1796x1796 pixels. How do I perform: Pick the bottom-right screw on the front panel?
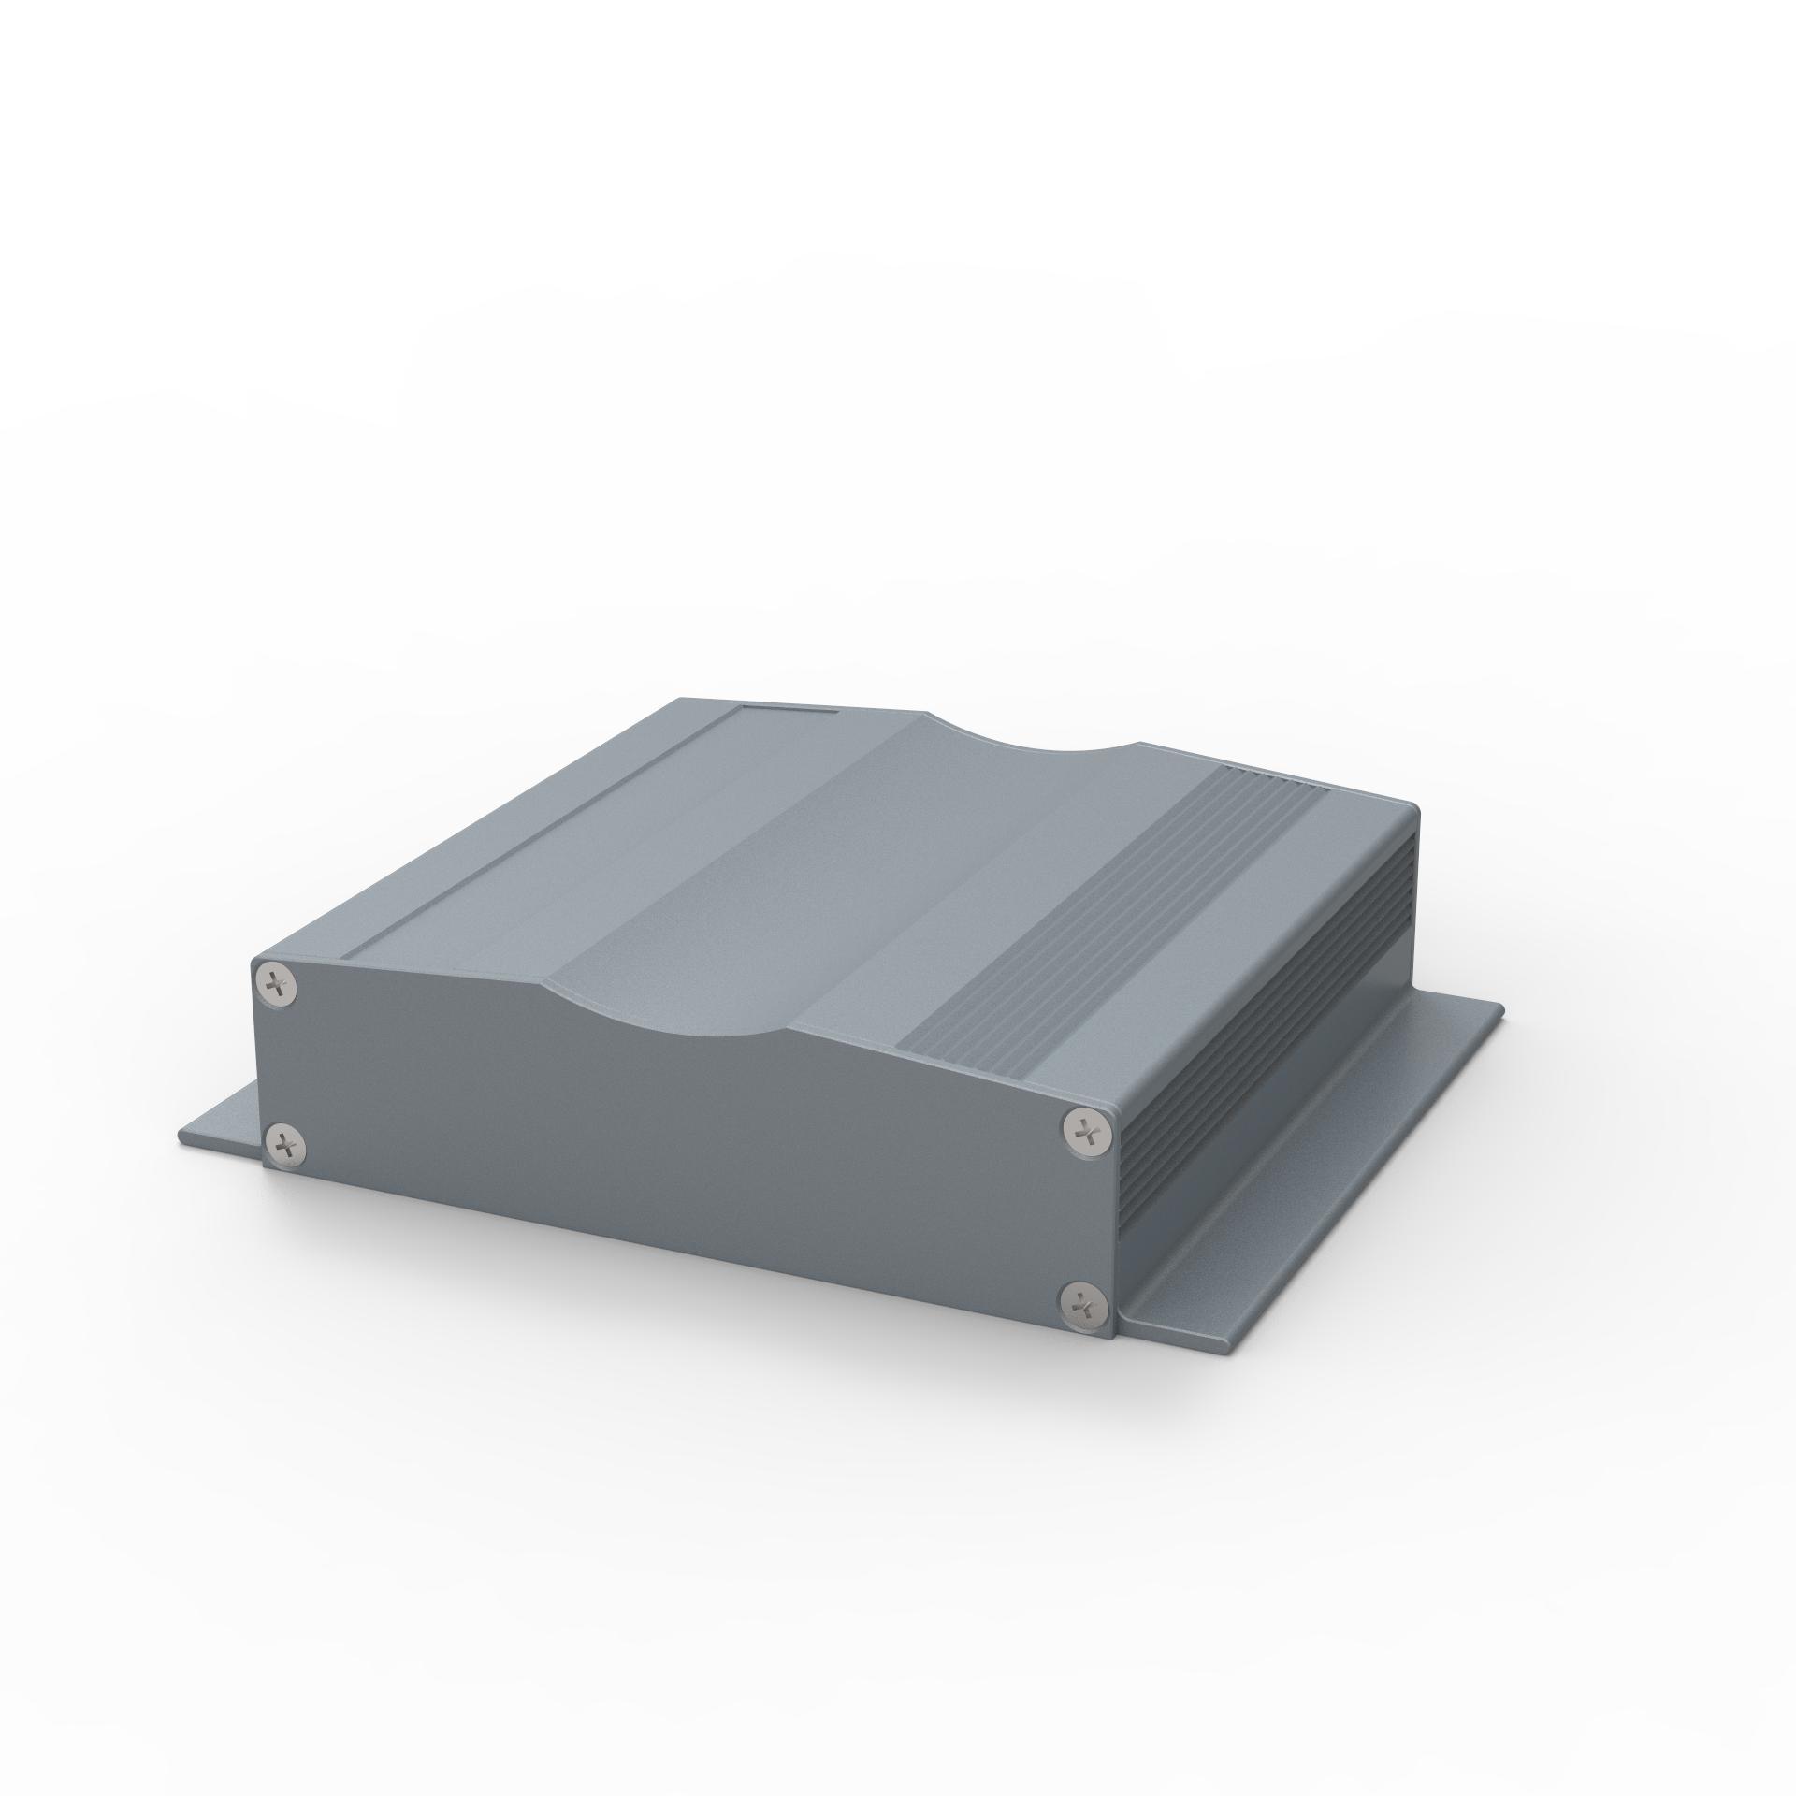pos(1082,1303)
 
